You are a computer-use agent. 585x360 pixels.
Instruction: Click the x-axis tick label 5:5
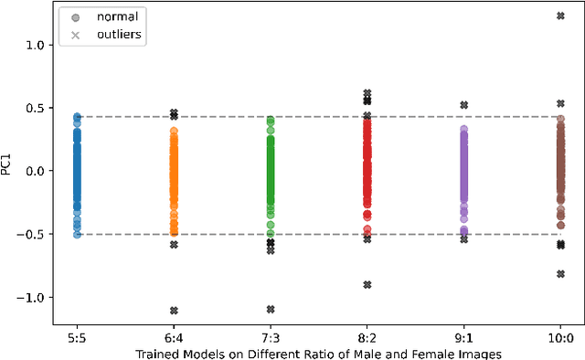[x=77, y=336]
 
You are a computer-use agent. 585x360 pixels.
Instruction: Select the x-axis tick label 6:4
[x=174, y=336]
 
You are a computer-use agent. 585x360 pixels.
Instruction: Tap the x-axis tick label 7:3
[x=271, y=336]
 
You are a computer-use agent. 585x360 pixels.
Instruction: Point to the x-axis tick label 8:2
[x=367, y=336]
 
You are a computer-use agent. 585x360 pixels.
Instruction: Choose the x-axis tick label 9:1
[x=464, y=336]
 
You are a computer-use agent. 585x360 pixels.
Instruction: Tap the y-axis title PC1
[x=8, y=164]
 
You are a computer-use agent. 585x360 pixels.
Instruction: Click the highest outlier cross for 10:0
[x=560, y=16]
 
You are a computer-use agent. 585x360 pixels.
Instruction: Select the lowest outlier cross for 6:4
[x=174, y=311]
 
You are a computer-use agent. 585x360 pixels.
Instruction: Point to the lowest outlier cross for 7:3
[x=271, y=309]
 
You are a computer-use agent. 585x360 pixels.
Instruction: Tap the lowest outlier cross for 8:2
[x=367, y=285]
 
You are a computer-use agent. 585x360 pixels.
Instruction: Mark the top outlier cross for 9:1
[x=464, y=105]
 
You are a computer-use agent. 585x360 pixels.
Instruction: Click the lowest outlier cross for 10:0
[x=560, y=274]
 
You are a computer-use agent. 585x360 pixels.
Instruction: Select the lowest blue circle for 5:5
[x=77, y=235]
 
